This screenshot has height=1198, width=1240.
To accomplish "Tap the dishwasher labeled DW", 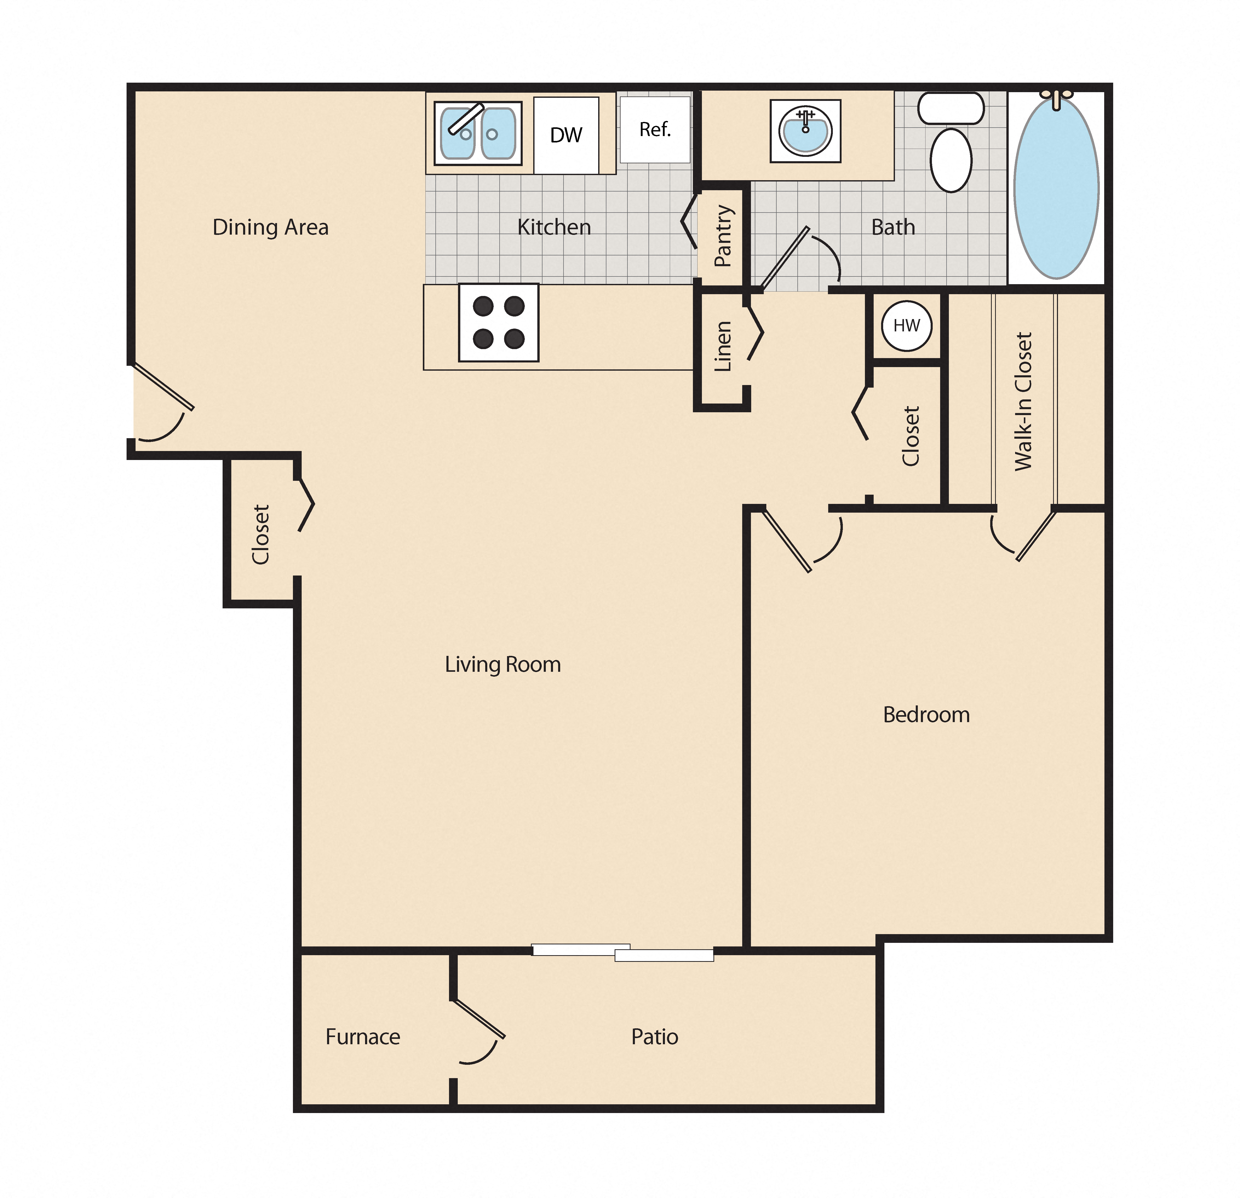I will click(566, 135).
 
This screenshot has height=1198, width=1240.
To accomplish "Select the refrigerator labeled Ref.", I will click(655, 130).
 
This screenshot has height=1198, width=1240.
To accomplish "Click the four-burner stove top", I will click(499, 323).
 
